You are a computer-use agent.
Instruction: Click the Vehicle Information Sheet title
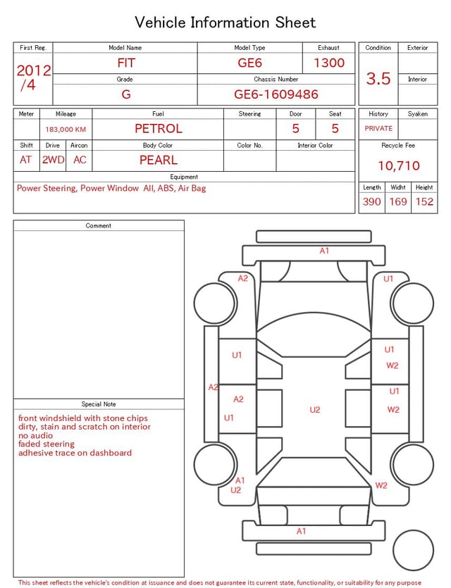[x=225, y=23]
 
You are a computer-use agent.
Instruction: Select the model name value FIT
[x=125, y=63]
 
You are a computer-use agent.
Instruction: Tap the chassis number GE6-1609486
[x=276, y=94]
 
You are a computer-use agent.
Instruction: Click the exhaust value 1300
[x=329, y=63]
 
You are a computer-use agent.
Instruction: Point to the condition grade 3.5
[x=378, y=79]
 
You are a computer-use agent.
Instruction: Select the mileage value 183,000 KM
[x=66, y=130]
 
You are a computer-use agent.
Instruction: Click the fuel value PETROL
[x=158, y=129]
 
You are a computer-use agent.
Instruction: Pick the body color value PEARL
[x=158, y=160]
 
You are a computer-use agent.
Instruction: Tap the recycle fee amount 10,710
[x=398, y=166]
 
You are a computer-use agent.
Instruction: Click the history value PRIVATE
[x=378, y=129]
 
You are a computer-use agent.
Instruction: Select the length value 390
[x=371, y=202]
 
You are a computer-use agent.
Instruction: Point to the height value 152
[x=424, y=202]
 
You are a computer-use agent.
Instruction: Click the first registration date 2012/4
[x=33, y=77]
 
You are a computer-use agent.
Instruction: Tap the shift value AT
[x=26, y=160]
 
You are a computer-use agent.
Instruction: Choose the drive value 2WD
[x=53, y=160]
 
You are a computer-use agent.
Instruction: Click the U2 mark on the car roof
[x=315, y=410]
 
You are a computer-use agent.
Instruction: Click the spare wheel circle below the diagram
[x=413, y=550]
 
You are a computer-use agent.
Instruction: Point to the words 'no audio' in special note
[x=36, y=436]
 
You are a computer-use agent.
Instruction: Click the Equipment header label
[x=184, y=177]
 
